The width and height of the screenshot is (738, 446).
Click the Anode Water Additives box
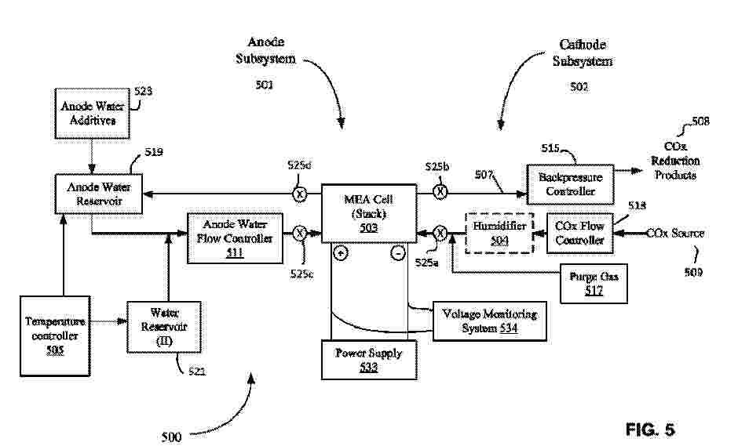pos(92,114)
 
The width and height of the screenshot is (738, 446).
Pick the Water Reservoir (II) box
pos(163,325)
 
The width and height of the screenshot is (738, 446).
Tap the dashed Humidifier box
pos(492,233)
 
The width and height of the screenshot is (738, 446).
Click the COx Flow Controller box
pos(579,233)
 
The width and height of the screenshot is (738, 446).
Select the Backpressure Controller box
pos(571,183)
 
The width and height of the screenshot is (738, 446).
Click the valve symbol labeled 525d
pos(300,194)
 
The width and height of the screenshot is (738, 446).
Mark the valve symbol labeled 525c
pos(299,233)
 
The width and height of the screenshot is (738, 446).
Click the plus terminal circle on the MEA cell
pos(340,253)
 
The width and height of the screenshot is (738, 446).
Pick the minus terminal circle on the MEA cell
pos(398,253)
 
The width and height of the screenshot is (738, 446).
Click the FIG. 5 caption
pos(649,430)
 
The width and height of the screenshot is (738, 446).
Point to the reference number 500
pos(171,436)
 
